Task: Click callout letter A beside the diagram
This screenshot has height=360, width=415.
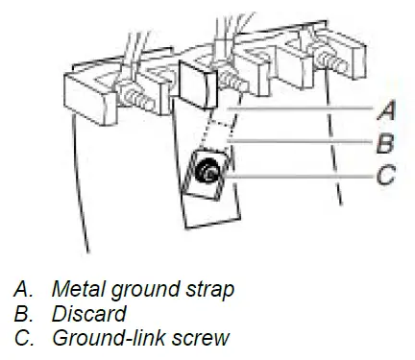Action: pyautogui.click(x=386, y=110)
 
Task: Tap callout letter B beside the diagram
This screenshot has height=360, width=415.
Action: pyautogui.click(x=385, y=143)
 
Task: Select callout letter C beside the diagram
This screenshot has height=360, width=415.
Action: pyautogui.click(x=385, y=175)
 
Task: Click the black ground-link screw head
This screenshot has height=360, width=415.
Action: pyautogui.click(x=207, y=171)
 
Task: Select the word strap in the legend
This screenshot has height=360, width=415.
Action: pyautogui.click(x=208, y=290)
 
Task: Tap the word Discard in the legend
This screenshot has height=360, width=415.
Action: pyautogui.click(x=89, y=314)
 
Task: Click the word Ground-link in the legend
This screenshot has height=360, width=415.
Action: pyautogui.click(x=109, y=338)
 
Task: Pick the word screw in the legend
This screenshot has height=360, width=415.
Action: pyautogui.click(x=201, y=339)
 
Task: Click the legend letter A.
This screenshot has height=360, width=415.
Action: pyautogui.click(x=24, y=289)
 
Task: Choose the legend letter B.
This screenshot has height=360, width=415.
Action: pyautogui.click(x=24, y=314)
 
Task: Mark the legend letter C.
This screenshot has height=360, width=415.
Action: pyautogui.click(x=24, y=338)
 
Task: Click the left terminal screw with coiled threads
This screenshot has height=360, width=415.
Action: pyautogui.click(x=136, y=97)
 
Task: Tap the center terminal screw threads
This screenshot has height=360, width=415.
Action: pyautogui.click(x=232, y=81)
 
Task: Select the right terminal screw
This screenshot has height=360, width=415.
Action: pyautogui.click(x=331, y=61)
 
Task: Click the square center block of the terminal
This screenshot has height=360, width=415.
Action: pyautogui.click(x=198, y=84)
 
